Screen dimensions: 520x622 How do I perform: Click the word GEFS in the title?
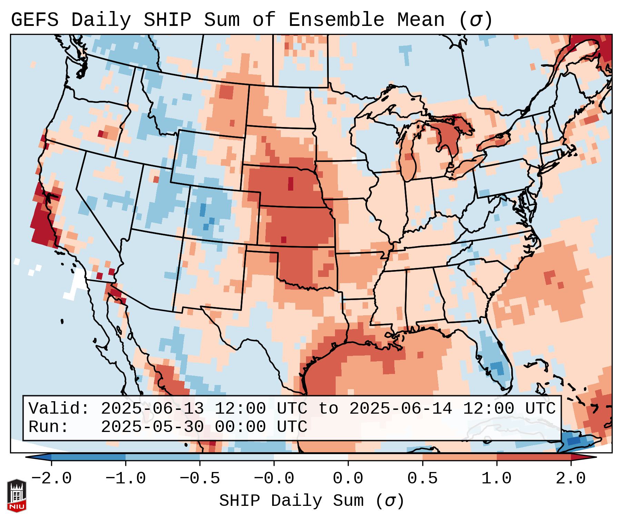(34, 20)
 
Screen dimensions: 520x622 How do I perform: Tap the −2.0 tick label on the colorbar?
(51, 479)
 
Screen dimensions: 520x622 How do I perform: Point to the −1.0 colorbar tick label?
(126, 479)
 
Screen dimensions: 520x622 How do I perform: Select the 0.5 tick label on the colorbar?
(422, 479)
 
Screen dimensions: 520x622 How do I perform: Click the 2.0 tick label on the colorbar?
(571, 479)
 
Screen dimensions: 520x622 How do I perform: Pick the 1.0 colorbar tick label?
(496, 479)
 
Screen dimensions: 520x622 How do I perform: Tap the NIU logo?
(17, 496)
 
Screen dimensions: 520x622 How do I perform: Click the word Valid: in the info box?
(59, 408)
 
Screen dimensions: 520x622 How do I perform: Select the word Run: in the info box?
(49, 427)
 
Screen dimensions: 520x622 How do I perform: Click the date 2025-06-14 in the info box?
(401, 408)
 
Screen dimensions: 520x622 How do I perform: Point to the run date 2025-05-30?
(152, 427)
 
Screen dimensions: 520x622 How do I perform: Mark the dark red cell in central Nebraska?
(290, 183)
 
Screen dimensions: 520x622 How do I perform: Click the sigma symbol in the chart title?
(475, 20)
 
